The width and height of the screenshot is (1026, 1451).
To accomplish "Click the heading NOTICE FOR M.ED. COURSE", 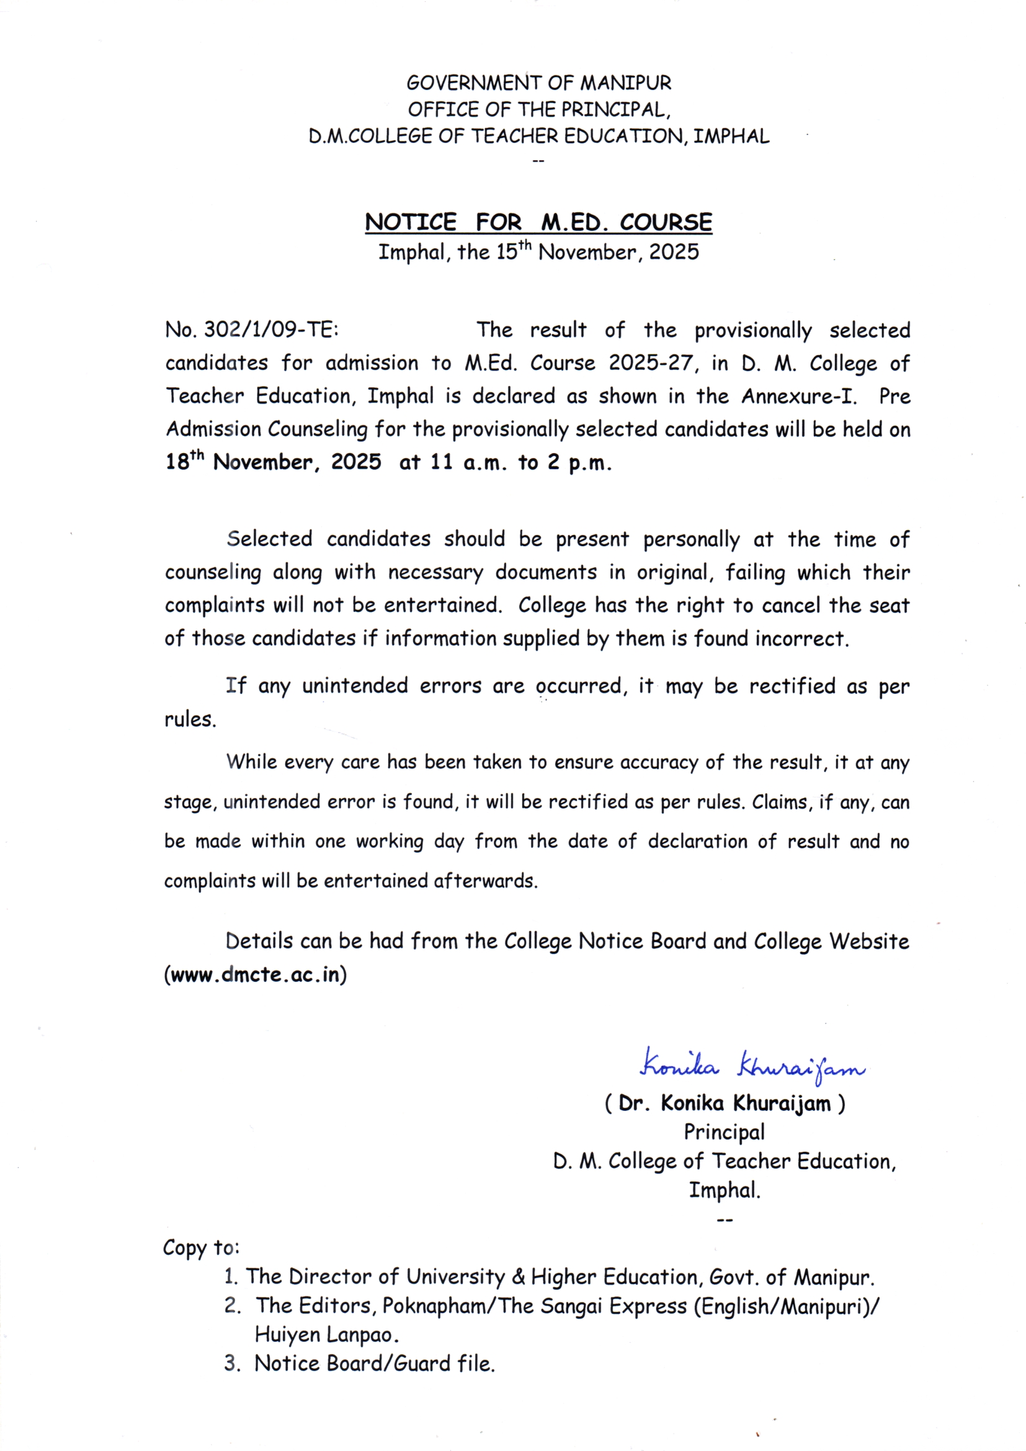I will [x=538, y=222].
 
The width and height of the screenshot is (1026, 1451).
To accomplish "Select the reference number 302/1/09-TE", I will [x=270, y=330].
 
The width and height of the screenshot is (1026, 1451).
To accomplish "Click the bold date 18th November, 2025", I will [x=273, y=462].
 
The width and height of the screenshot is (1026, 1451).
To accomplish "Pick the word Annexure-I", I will [x=798, y=396].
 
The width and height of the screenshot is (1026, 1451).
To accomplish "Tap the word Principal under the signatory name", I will [x=724, y=1131].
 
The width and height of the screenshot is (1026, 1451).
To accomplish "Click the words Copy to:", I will [x=201, y=1247].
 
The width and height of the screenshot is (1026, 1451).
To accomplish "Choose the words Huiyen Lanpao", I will [x=327, y=1334].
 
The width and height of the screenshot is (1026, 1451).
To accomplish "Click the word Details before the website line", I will [x=259, y=941].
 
